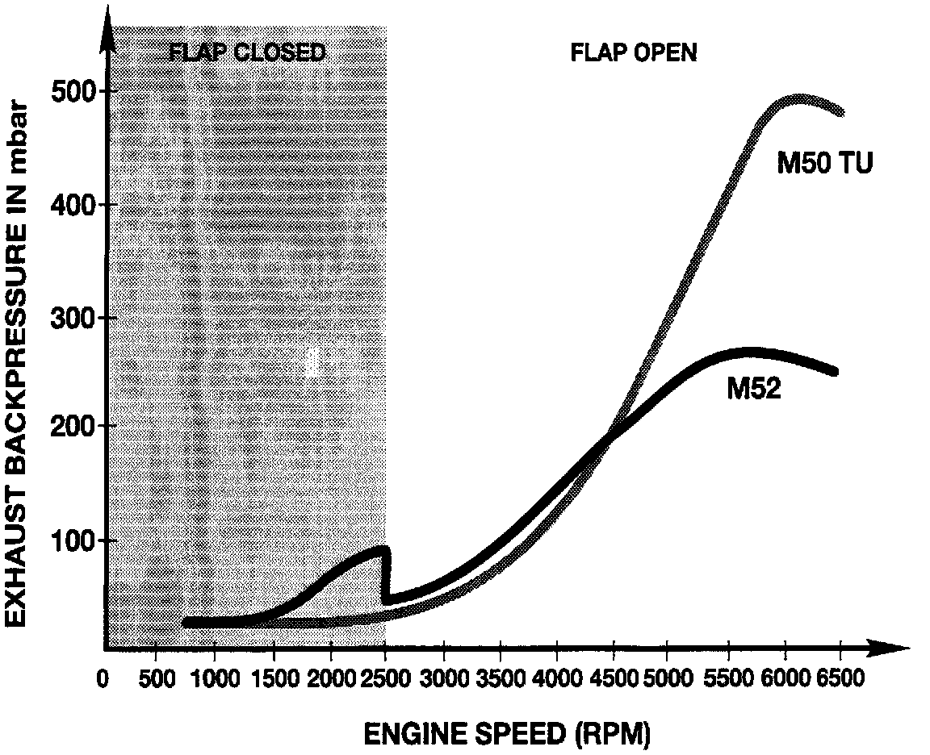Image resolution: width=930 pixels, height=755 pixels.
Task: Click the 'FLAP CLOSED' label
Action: pos(247,53)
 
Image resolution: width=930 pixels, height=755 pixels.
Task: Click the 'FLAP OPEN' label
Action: pos(634,53)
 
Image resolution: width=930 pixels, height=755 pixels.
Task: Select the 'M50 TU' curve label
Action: pos(825,164)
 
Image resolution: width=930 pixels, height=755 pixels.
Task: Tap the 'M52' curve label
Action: pos(753,390)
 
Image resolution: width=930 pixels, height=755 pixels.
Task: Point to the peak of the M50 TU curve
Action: pos(799,98)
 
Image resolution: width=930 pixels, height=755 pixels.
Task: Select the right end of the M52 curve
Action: pos(835,371)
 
